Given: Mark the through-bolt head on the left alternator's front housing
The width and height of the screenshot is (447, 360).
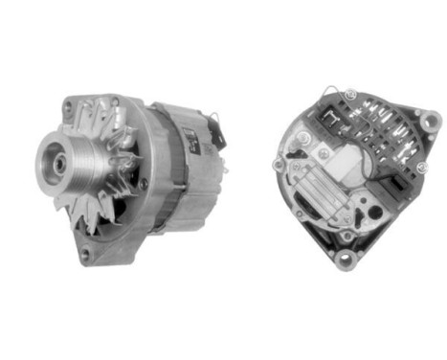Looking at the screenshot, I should (144, 182).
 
